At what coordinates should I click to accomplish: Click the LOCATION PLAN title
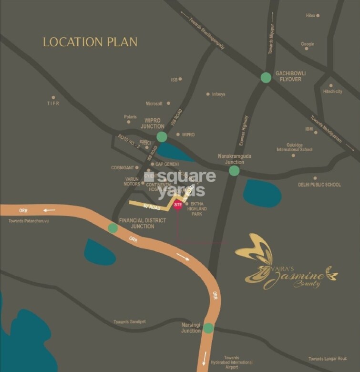pos(90,42)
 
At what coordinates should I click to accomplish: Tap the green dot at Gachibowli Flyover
pos(266,77)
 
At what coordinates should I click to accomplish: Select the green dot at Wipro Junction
pos(162,137)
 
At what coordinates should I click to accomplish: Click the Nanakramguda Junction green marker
pos(234,170)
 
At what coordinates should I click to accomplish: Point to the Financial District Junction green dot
pos(113,228)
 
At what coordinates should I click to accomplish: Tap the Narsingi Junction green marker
pos(208,328)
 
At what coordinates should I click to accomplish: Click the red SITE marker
pos(178,205)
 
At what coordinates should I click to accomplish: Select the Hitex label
pos(310,16)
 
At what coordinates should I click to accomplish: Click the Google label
pos(307,44)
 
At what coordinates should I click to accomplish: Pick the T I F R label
pos(53,103)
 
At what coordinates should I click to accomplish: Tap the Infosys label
pos(218,94)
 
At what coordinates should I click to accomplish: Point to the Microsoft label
pos(154,103)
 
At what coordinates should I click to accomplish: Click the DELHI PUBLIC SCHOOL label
pos(319,185)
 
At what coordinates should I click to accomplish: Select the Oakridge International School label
pos(295,147)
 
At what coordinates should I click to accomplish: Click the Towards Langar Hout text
pos(328,359)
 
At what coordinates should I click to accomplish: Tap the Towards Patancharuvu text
pos(29,221)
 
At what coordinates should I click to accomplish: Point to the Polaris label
pos(130,116)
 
